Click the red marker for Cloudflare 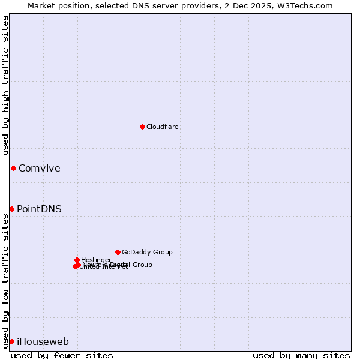pos(142,127)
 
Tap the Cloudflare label pos(163,127)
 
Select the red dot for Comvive pos(13,168)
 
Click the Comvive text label pos(40,169)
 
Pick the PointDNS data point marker pos(11,209)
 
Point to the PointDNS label pos(39,209)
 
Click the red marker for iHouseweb pos(11,341)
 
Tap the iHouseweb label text pos(43,342)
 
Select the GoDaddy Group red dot pos(118,252)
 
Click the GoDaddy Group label pos(147,253)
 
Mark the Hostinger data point pos(77,260)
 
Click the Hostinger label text pos(97,260)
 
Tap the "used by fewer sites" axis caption pos(62,355)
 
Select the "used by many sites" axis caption pos(301,355)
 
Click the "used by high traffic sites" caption pos(6,85)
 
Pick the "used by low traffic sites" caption pos(6,281)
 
